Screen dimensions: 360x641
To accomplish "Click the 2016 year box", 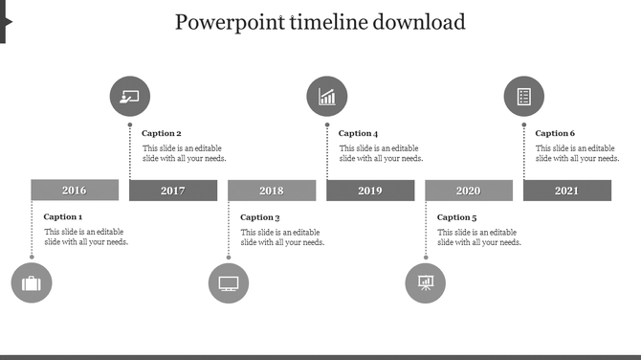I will pos(75,191).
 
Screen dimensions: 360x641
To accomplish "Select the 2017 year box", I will pos(173,191).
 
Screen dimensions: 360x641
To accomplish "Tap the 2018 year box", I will pos(272,191).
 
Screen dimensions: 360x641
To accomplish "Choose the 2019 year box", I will pos(370,191).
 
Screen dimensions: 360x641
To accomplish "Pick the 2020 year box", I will pos(469,191).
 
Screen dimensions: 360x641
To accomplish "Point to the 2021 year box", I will pos(567,191).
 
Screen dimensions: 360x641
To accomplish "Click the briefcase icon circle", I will pos(32,283).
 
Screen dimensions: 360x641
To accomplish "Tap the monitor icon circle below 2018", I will pos(229,283).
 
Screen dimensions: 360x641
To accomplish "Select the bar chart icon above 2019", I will pos(327,97).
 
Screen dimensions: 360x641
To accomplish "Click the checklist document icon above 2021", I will pos(524,97).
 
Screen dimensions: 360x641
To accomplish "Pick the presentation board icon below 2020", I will pos(426,283).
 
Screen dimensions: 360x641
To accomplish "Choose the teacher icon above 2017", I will pos(130,97).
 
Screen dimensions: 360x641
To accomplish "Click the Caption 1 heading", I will pos(63,217).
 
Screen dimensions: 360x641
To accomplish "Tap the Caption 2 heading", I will pos(162,134).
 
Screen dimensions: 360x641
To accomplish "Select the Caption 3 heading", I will pos(260,217).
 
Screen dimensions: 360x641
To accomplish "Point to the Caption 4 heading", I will pos(359,134).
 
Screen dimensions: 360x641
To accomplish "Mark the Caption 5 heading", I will pos(457,217).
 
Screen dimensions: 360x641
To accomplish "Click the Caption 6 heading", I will pos(556,134).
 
